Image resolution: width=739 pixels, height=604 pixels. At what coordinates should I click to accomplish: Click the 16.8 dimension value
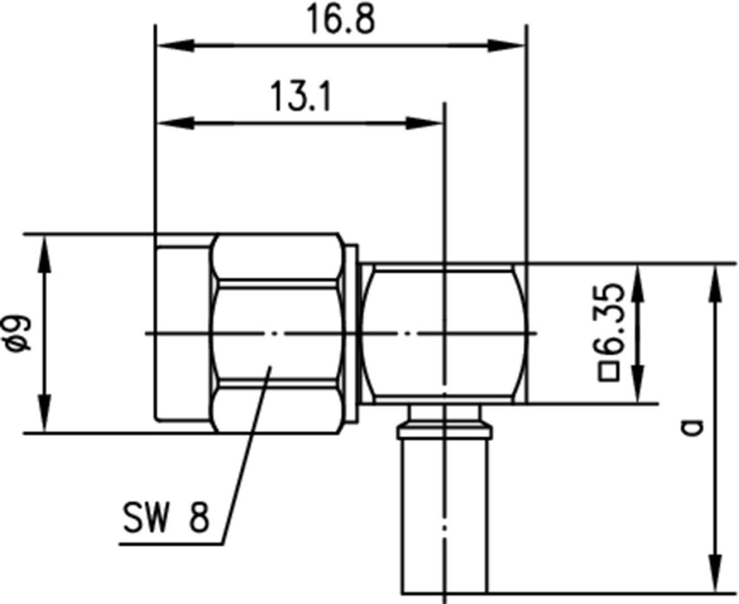[x=340, y=21]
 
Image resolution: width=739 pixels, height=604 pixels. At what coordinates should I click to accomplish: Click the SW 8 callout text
[x=166, y=517]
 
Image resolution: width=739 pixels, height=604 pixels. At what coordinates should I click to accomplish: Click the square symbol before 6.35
[x=609, y=372]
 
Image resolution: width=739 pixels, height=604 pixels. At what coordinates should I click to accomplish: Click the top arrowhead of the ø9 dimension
[x=44, y=254]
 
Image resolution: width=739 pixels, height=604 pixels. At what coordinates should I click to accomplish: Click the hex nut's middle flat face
[x=276, y=333]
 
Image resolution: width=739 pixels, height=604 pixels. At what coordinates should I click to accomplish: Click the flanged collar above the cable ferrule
[x=444, y=432]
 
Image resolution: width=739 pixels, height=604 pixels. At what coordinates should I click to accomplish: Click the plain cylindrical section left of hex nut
[x=183, y=333]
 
